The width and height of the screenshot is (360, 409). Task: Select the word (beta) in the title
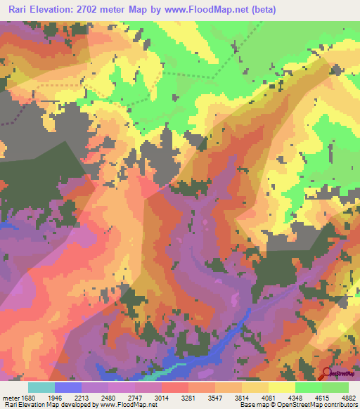(261, 10)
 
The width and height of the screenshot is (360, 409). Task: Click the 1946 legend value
(68, 397)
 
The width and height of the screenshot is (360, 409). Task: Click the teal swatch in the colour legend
(41, 387)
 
